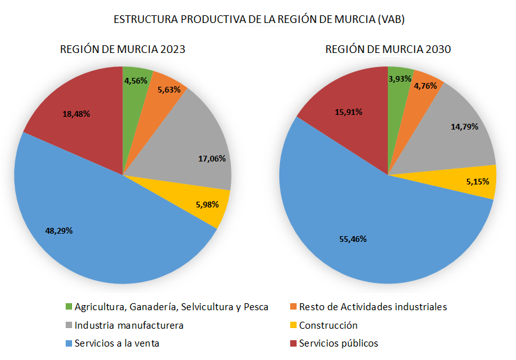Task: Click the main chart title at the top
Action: click(x=259, y=19)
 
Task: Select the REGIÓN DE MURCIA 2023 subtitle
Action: click(x=122, y=50)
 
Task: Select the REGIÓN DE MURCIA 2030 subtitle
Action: click(x=388, y=50)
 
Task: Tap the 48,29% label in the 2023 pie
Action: click(x=59, y=230)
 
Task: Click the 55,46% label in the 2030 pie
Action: click(x=352, y=239)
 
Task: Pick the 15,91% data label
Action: click(x=349, y=112)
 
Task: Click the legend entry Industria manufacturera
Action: click(x=129, y=325)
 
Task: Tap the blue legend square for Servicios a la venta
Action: click(x=69, y=343)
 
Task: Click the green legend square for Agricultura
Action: click(x=69, y=306)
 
